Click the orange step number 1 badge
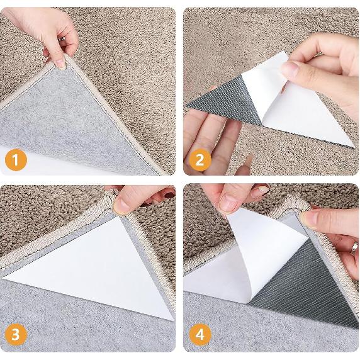[x=16, y=160]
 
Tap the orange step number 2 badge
[x=200, y=160]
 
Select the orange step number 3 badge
[x=16, y=335]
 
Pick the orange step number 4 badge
[x=200, y=335]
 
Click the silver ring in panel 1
[x=62, y=40]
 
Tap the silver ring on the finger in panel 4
[x=355, y=248]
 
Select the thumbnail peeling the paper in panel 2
[x=290, y=69]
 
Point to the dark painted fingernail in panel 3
[x=169, y=195]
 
